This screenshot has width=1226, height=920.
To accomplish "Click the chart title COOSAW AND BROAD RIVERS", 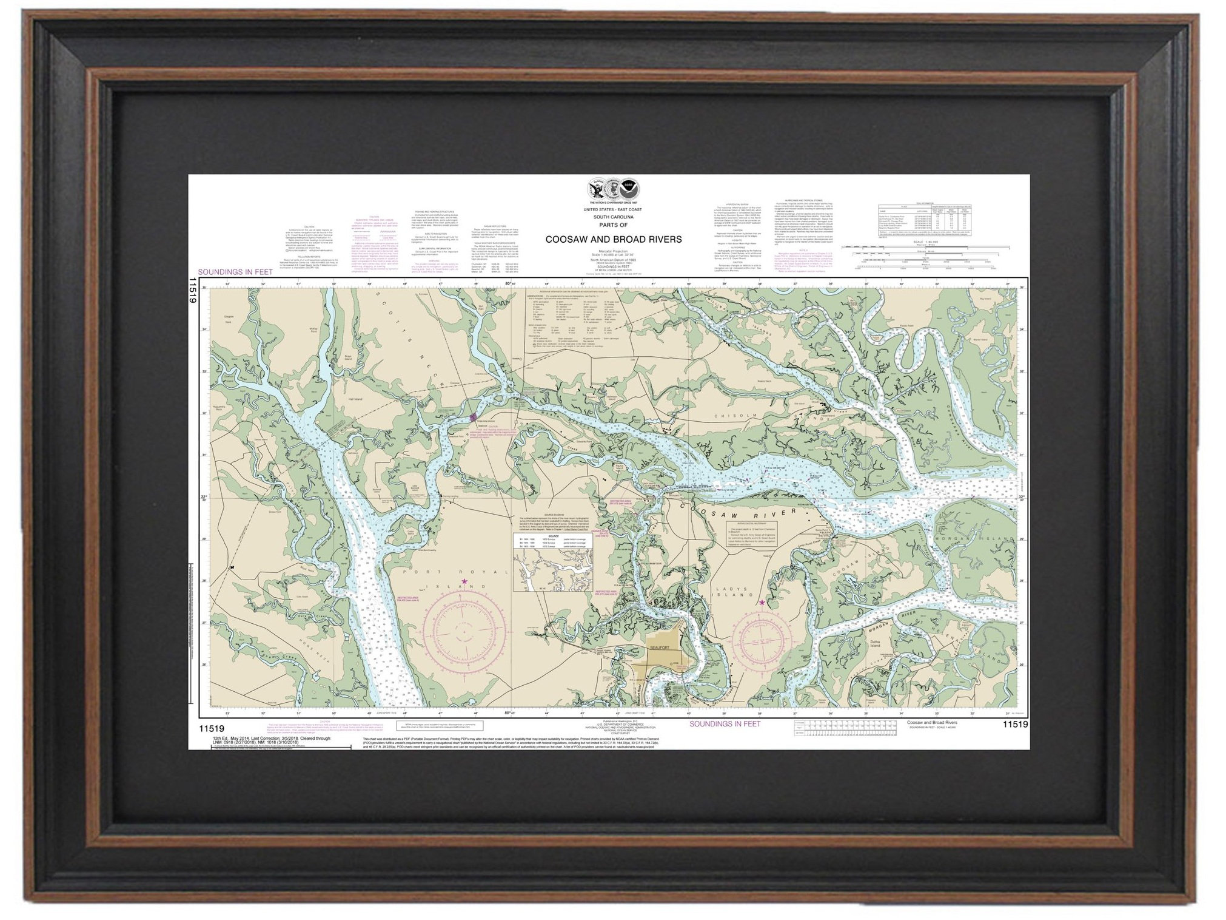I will click(x=613, y=240).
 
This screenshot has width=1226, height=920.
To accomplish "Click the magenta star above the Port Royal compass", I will click(x=465, y=582).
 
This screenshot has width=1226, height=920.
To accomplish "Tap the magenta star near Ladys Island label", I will click(x=762, y=603).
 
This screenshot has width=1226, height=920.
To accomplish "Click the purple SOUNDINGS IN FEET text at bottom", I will click(x=725, y=723).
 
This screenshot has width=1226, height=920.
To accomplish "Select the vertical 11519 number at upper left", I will click(x=193, y=290).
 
